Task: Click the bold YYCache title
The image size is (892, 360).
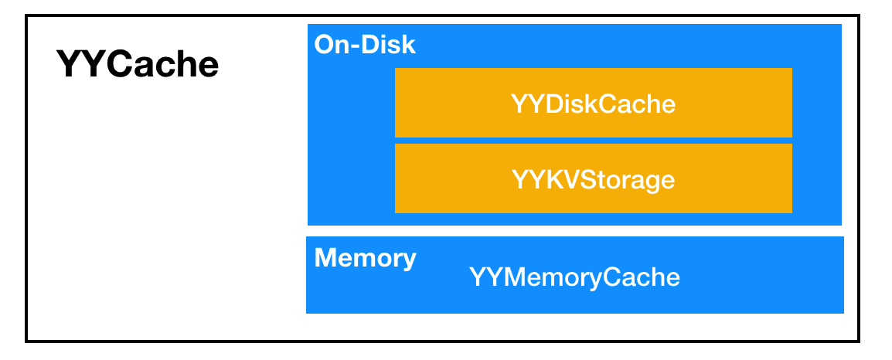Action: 138,65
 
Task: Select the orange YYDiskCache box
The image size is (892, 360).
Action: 593,103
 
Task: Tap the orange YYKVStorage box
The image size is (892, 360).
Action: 593,179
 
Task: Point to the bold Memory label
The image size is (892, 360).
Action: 365,258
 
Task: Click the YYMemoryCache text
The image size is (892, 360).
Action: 574,277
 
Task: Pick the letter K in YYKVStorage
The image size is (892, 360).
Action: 550,180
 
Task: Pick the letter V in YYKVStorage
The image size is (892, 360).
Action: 567,180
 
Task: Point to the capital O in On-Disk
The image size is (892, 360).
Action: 324,45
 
